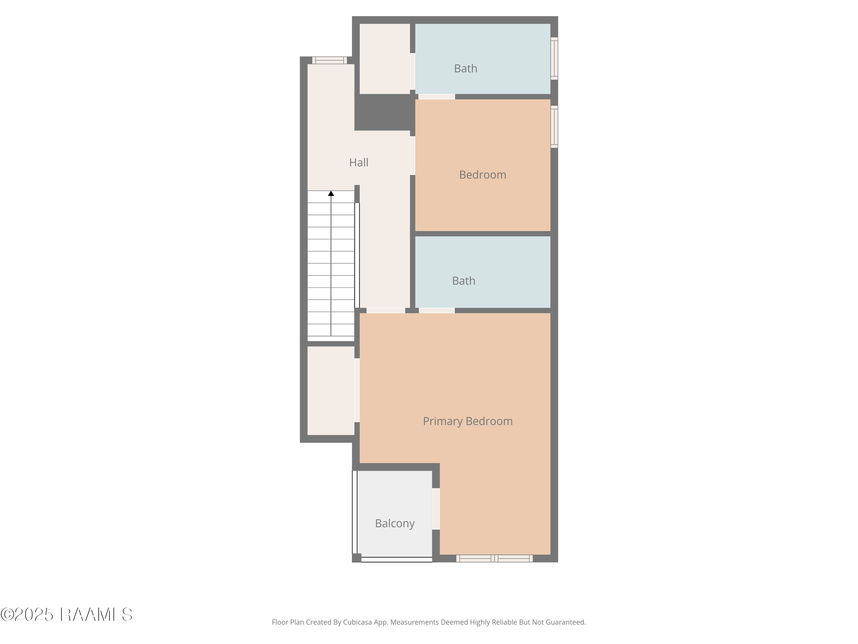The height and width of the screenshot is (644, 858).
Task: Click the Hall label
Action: point(358,162)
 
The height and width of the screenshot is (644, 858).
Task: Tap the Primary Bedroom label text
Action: point(467,421)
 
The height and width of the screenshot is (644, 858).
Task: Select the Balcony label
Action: point(394,523)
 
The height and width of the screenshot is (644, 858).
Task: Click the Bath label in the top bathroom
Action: point(465,68)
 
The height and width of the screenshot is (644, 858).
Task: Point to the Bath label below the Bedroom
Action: point(464,281)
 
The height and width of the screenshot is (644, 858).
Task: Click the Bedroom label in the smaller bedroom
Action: point(482,175)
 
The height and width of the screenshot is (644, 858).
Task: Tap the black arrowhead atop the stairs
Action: point(331,193)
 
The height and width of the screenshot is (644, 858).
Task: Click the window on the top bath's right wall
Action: point(554,59)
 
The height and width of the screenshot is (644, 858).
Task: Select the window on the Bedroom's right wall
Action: point(554,127)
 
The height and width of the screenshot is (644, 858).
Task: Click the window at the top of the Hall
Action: point(329,60)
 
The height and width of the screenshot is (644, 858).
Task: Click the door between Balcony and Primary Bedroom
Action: point(436,509)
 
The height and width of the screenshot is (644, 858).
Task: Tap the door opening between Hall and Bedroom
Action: point(413,155)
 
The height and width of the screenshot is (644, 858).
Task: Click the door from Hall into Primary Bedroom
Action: point(386,311)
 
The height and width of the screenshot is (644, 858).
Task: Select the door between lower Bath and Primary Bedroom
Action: point(437,311)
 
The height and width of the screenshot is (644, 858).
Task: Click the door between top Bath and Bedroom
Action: point(436,97)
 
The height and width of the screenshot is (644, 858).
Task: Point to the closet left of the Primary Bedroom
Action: point(331,390)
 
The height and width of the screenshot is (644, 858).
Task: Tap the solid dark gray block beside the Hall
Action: point(384,112)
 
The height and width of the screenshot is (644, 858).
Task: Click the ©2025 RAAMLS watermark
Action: point(66,615)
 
